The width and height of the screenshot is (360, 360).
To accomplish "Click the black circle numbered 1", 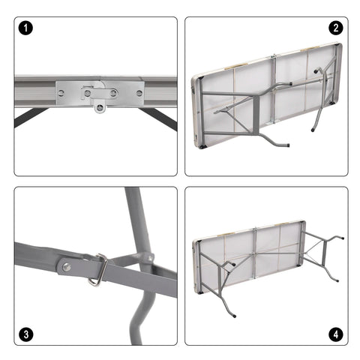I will (x=28, y=29).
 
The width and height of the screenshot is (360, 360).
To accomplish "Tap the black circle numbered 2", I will (x=334, y=29).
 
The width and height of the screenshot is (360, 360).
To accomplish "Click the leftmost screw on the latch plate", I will (x=61, y=93).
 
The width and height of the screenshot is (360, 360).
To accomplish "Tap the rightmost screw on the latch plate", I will (x=139, y=93).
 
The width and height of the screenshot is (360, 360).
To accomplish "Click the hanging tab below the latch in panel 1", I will (x=98, y=106).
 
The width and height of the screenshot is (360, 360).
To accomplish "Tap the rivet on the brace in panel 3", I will (x=67, y=265).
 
